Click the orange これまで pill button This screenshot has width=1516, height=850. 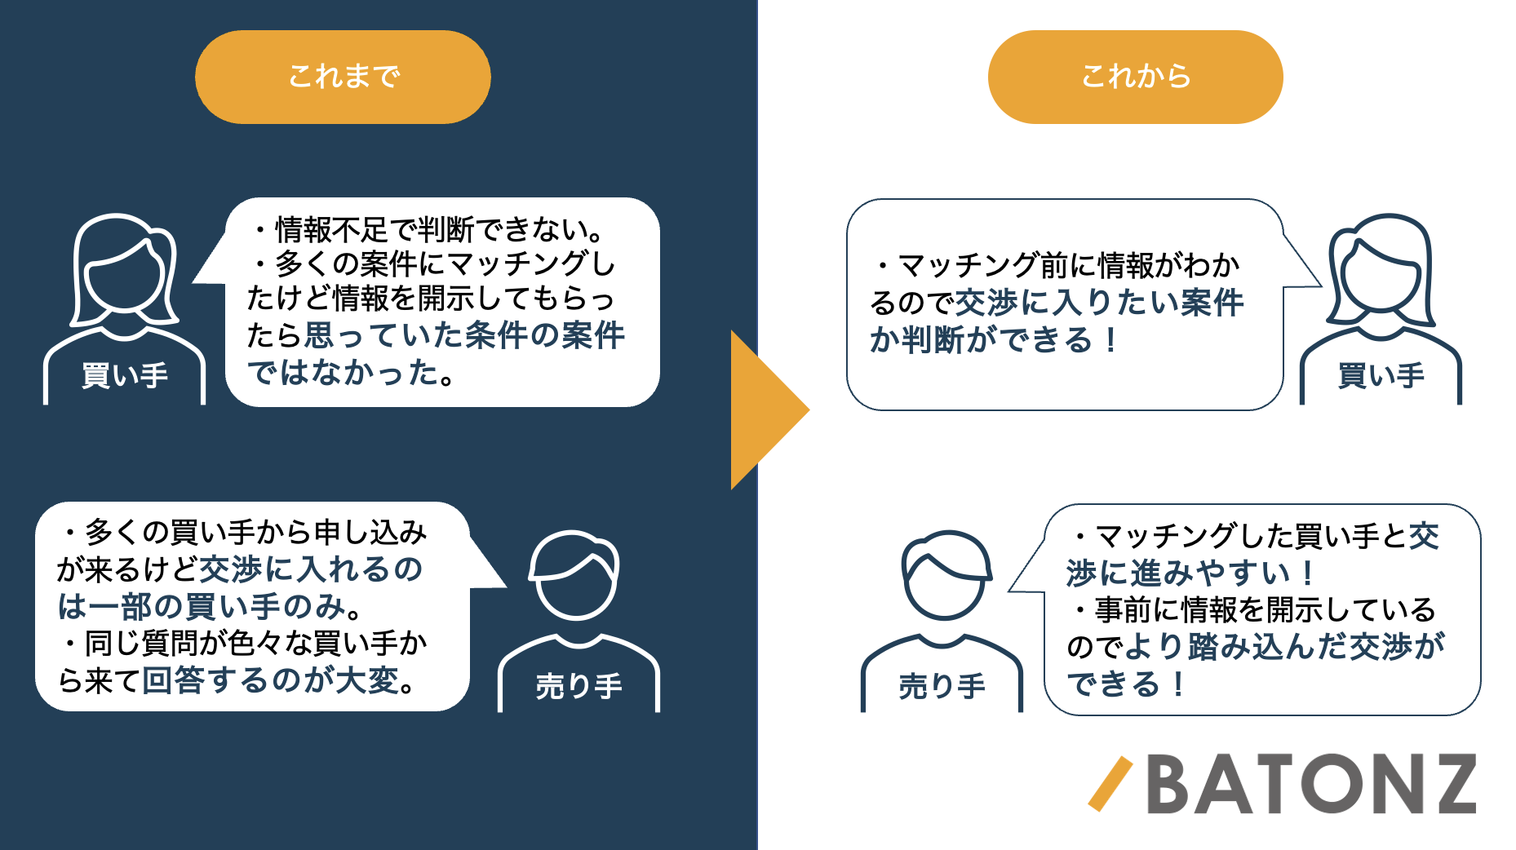click(343, 77)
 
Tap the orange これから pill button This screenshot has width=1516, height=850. click(1135, 77)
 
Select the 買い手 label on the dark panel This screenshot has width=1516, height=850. click(125, 375)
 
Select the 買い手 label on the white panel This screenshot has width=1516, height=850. click(1381, 375)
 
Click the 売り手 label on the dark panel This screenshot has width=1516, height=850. click(578, 686)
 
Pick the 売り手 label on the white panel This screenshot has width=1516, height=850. click(942, 686)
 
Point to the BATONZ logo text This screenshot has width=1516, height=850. click(1311, 784)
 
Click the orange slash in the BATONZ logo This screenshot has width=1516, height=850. click(1110, 784)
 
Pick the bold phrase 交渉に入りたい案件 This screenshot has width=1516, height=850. click(1099, 303)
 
